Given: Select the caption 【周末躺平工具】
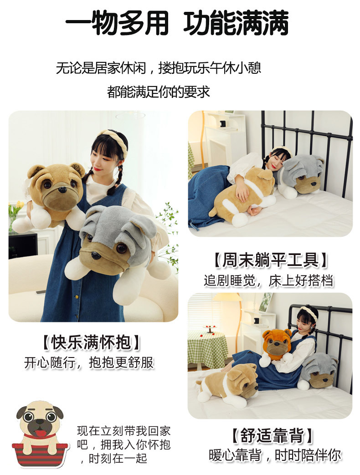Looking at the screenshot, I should [270, 260].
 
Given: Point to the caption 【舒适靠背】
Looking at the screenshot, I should [270, 436].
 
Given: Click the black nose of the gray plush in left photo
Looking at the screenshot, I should [97, 255].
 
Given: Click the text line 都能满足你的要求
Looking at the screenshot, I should [158, 92].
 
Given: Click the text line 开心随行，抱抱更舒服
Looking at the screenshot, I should [89, 363].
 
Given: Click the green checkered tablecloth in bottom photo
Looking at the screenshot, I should [207, 348].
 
